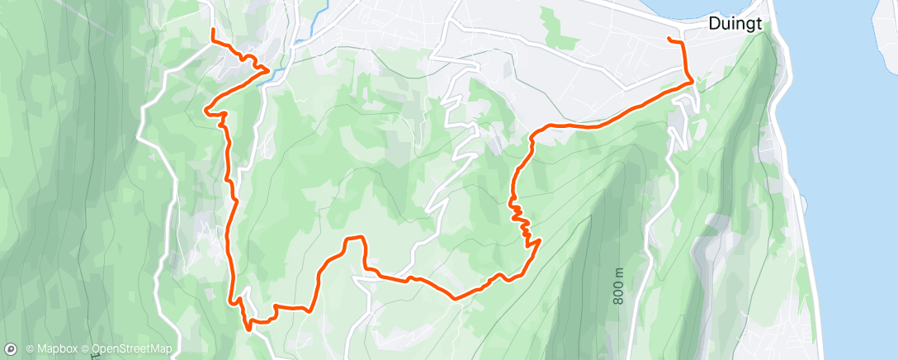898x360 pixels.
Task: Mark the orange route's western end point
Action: coord(214,31)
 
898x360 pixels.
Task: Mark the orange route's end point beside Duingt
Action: coord(669,40)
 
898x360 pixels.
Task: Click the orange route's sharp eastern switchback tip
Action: coord(539,240)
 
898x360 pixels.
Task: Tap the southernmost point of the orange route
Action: coord(248,328)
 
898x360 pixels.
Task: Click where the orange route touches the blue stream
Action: coord(269,72)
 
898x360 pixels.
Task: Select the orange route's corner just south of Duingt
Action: coord(690,82)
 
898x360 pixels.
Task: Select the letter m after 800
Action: coord(619,273)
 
